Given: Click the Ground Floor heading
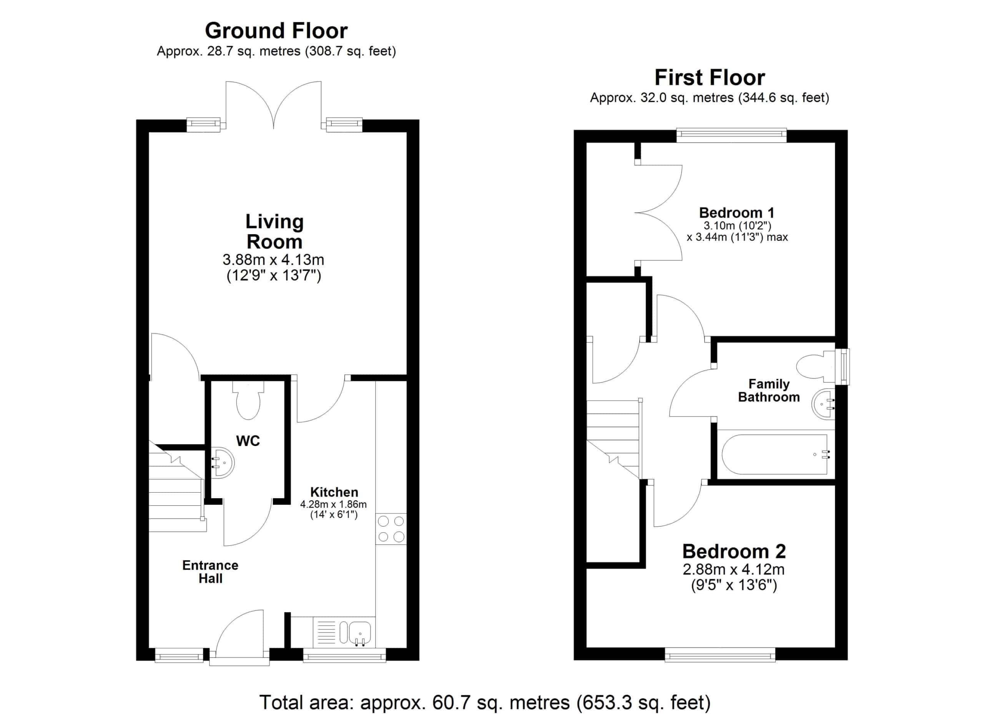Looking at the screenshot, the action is [276, 31].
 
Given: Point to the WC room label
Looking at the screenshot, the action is [248, 441].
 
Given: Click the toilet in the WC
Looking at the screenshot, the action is [248, 400].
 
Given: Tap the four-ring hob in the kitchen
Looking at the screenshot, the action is [391, 529].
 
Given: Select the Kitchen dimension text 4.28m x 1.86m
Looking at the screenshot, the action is [333, 504].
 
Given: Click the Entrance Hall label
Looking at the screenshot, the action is [210, 571].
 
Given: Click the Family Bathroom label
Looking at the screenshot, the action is [769, 390].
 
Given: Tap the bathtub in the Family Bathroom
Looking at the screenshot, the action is [775, 455].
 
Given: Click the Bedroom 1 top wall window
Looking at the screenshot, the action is [731, 135].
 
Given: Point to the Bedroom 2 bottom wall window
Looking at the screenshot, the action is [720, 654].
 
